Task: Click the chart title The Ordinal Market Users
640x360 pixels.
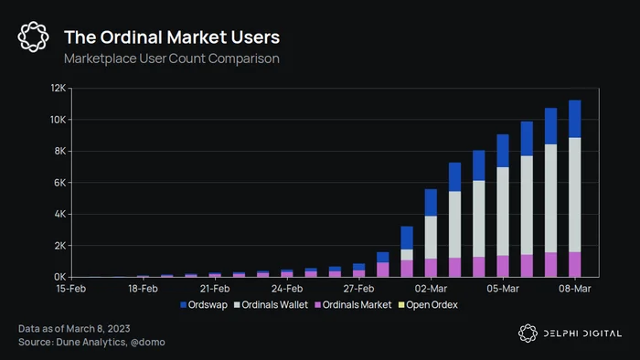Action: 172,37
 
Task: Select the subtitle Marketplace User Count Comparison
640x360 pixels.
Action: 172,58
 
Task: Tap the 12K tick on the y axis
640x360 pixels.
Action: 58,88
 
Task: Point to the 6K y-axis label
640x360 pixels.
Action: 59,183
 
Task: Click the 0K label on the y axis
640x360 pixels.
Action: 59,277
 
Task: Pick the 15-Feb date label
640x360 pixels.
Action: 71,289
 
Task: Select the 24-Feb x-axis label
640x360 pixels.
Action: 287,289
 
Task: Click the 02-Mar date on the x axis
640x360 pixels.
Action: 431,289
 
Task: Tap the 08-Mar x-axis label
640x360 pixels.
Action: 575,289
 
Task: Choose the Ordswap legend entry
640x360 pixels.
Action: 204,305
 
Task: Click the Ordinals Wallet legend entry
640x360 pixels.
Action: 271,305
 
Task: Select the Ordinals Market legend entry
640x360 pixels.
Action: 353,305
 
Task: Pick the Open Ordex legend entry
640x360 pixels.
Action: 428,305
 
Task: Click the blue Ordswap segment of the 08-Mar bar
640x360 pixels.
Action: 575,119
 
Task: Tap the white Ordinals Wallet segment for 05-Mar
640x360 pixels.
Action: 503,211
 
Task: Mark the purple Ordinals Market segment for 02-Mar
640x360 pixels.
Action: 431,268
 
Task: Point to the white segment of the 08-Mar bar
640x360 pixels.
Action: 575,195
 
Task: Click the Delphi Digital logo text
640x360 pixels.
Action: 582,334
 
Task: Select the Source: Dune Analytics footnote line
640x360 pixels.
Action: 91,342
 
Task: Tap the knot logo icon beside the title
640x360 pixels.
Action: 34,37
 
